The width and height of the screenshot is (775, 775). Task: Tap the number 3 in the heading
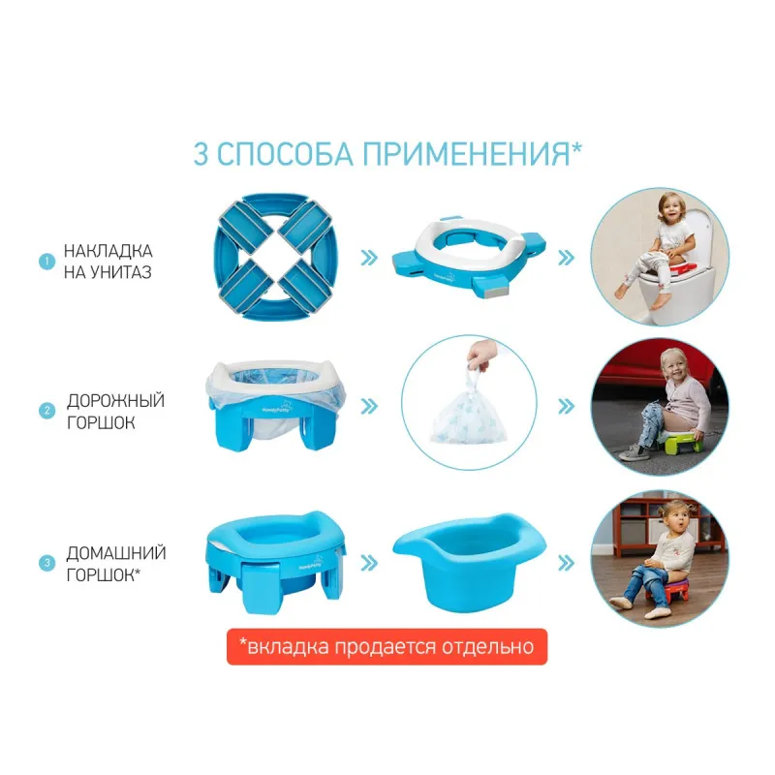point(201,154)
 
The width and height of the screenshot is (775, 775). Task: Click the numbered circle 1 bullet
point(46,262)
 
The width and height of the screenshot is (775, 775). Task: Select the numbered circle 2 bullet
point(46,410)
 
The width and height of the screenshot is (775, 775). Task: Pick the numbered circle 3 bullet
point(46,563)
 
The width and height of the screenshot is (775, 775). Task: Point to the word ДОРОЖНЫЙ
point(115,401)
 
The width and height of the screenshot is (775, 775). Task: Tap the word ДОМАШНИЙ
point(116,553)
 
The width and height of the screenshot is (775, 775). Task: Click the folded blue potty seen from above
point(276,257)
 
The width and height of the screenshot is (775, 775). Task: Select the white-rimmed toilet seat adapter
point(469,257)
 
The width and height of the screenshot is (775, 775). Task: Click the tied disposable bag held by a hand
point(470,400)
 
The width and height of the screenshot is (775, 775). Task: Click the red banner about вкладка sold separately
point(387,646)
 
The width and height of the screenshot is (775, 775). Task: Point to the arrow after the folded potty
point(369,258)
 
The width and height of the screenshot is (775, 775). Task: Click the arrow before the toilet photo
point(567,258)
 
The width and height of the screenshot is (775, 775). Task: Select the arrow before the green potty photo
point(567,406)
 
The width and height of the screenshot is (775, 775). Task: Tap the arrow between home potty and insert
point(369,563)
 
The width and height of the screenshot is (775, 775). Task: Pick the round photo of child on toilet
point(660,257)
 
